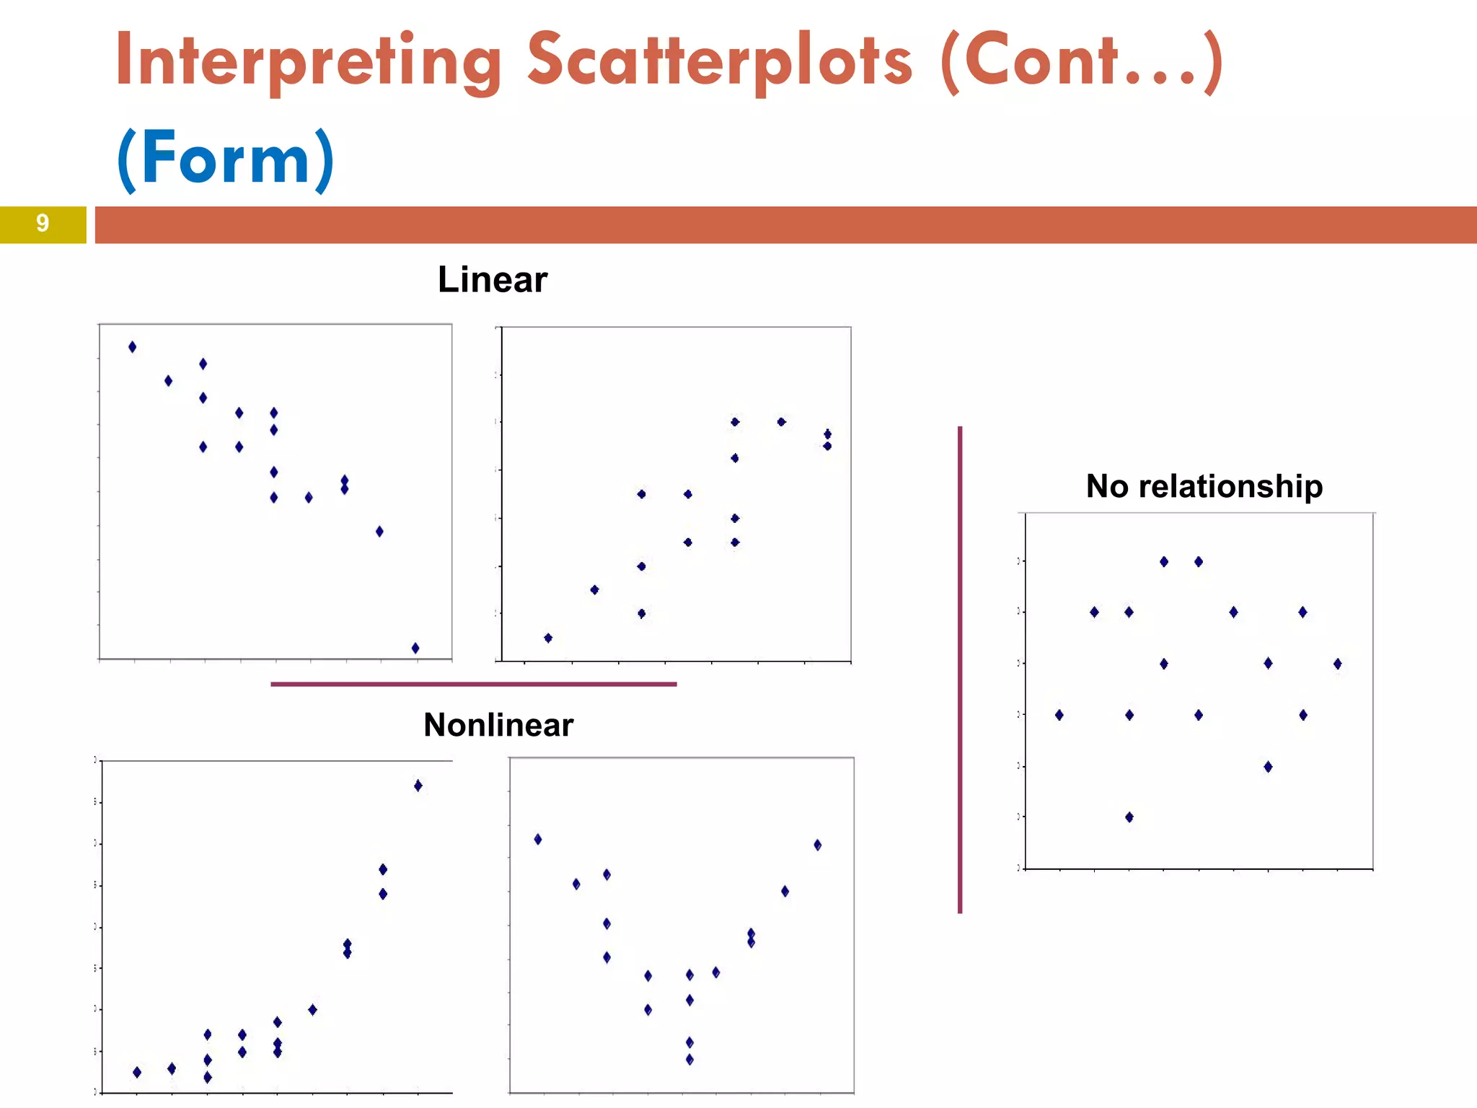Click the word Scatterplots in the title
[x=720, y=61]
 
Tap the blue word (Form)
[x=226, y=158]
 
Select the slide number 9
[x=43, y=224]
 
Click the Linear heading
[x=493, y=280]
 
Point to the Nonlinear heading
[x=498, y=725]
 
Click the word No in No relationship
[x=1107, y=486]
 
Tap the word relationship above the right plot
[x=1230, y=486]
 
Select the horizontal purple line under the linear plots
[x=473, y=684]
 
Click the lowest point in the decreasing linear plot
[x=415, y=648]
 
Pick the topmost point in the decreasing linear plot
[x=132, y=347]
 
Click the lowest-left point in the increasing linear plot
[x=548, y=638]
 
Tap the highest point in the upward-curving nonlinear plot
[x=418, y=786]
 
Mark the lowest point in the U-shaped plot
[x=689, y=1060]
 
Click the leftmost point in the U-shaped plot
[x=538, y=839]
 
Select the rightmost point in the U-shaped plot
[x=818, y=845]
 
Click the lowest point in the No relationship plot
[x=1129, y=817]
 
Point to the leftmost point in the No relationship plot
[x=1059, y=715]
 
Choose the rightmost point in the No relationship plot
[x=1338, y=664]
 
